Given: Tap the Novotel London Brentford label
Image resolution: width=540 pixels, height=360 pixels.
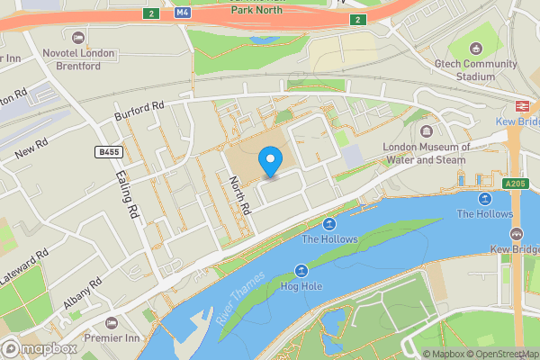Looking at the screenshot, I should click(x=79, y=59).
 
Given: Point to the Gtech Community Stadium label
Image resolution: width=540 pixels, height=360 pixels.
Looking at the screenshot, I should click(x=477, y=70).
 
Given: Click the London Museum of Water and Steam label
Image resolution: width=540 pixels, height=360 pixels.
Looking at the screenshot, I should click(x=427, y=154).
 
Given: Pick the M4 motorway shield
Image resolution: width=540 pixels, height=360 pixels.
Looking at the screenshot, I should click(x=183, y=13).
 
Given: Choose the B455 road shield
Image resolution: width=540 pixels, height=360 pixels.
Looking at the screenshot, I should click(x=110, y=152).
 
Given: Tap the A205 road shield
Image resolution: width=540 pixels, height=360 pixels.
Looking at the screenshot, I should click(x=515, y=184).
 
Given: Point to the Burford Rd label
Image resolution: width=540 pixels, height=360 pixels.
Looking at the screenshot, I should click(x=139, y=112).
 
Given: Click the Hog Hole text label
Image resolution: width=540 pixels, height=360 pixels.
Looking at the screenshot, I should click(x=301, y=287).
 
